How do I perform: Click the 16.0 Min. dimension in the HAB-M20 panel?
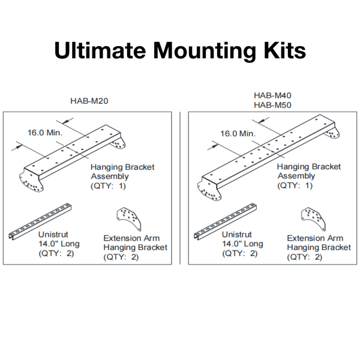45,133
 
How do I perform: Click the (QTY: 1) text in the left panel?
109,186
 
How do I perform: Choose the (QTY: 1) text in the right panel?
296,185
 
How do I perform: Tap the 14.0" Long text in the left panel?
58,244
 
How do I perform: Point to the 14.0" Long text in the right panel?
242,244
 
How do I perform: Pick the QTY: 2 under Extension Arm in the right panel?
304,257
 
